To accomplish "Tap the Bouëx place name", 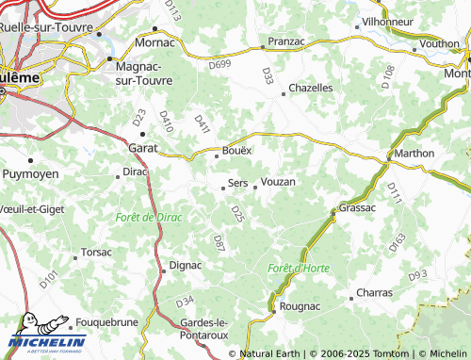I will (x=235, y=151).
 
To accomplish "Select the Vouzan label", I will (x=278, y=181).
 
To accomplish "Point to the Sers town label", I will (x=238, y=183).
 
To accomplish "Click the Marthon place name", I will (x=414, y=154).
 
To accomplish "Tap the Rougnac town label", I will (x=300, y=306).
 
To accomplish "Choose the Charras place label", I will (x=375, y=293).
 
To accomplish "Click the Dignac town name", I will (x=185, y=265).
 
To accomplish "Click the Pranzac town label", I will (x=285, y=42).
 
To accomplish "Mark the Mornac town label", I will (x=155, y=42).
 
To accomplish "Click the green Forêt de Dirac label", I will (x=148, y=218).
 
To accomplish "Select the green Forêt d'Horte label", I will (x=299, y=269).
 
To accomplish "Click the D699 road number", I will (x=219, y=63).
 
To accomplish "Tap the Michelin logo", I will (x=47, y=341).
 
